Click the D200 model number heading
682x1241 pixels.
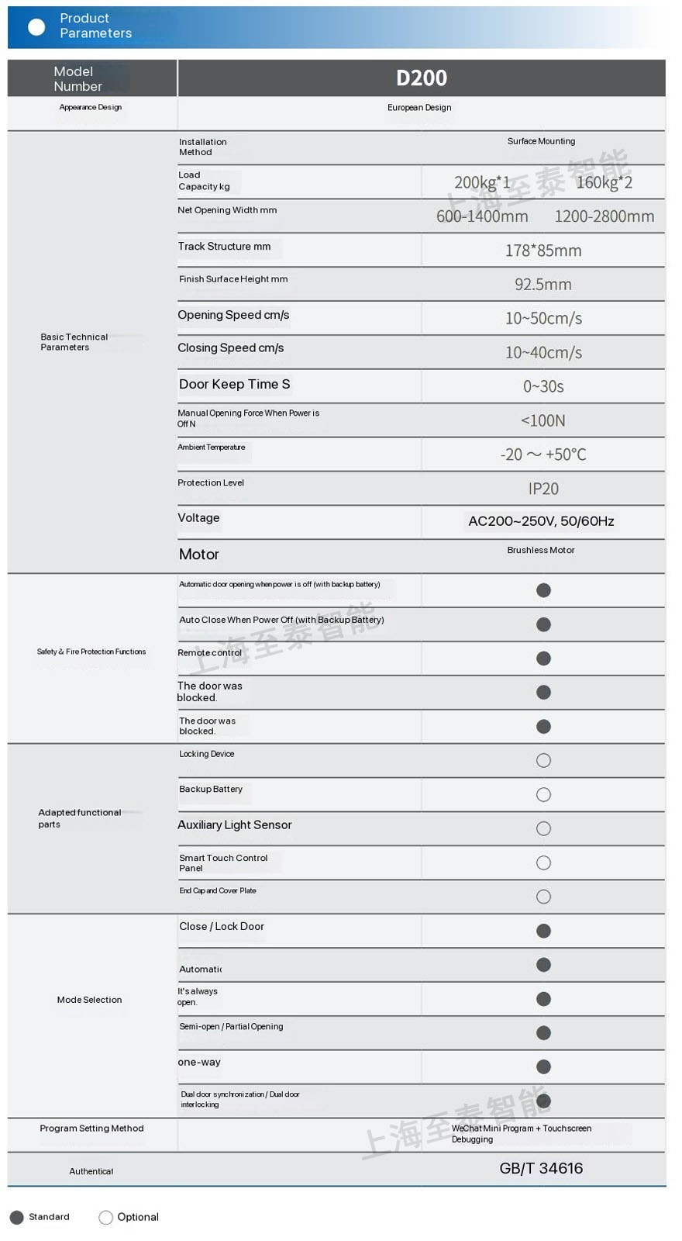pos(421,78)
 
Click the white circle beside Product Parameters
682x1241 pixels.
pos(36,27)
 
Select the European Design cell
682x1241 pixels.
pos(419,108)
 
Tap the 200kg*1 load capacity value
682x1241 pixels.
pos(481,182)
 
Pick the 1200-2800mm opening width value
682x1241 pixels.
pos(604,216)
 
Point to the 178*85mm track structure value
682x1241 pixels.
pos(542,251)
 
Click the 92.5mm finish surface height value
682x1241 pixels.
pos(542,285)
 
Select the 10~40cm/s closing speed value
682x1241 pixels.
pos(542,353)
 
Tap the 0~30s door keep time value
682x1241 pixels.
pos(542,386)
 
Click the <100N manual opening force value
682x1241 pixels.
pos(542,420)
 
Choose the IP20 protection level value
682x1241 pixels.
pos(542,489)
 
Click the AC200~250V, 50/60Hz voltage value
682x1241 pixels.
pos(541,521)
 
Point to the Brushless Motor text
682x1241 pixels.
pos(541,550)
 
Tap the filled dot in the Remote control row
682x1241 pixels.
pos(543,659)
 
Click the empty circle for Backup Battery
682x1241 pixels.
pos(543,795)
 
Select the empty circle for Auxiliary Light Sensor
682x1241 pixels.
pos(543,829)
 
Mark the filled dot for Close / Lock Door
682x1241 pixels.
pos(543,931)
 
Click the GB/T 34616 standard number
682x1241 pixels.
pos(541,1168)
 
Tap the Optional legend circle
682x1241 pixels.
pos(106,1218)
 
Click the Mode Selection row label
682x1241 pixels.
pos(89,1000)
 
